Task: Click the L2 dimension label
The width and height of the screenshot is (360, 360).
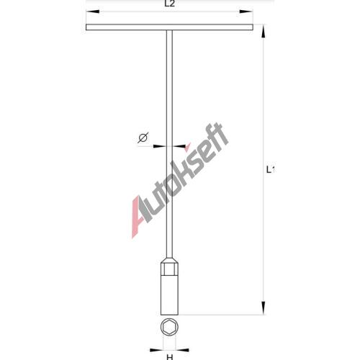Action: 169,4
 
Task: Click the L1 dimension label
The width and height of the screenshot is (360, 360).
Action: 270,170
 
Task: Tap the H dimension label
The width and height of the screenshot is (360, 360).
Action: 170,357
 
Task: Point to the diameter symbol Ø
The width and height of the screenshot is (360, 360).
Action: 143,138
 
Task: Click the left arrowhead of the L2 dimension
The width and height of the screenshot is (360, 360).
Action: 93,12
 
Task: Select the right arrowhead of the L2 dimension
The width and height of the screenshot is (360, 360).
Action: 246,12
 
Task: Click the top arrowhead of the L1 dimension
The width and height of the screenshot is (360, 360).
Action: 264,31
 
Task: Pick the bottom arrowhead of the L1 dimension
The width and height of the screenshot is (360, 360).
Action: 264,307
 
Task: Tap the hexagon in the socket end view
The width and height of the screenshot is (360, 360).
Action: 169,328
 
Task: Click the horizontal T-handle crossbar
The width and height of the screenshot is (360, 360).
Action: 169,27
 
